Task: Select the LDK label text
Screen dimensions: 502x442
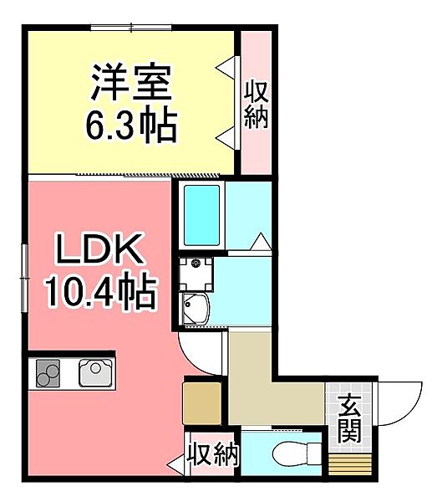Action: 100,249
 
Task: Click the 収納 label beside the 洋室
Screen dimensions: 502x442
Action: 256,104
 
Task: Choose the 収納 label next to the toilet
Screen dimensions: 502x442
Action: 213,456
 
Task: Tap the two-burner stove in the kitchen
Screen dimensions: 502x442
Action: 48,373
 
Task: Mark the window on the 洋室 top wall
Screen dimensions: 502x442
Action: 132,28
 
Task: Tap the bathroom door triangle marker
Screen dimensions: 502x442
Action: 260,243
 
